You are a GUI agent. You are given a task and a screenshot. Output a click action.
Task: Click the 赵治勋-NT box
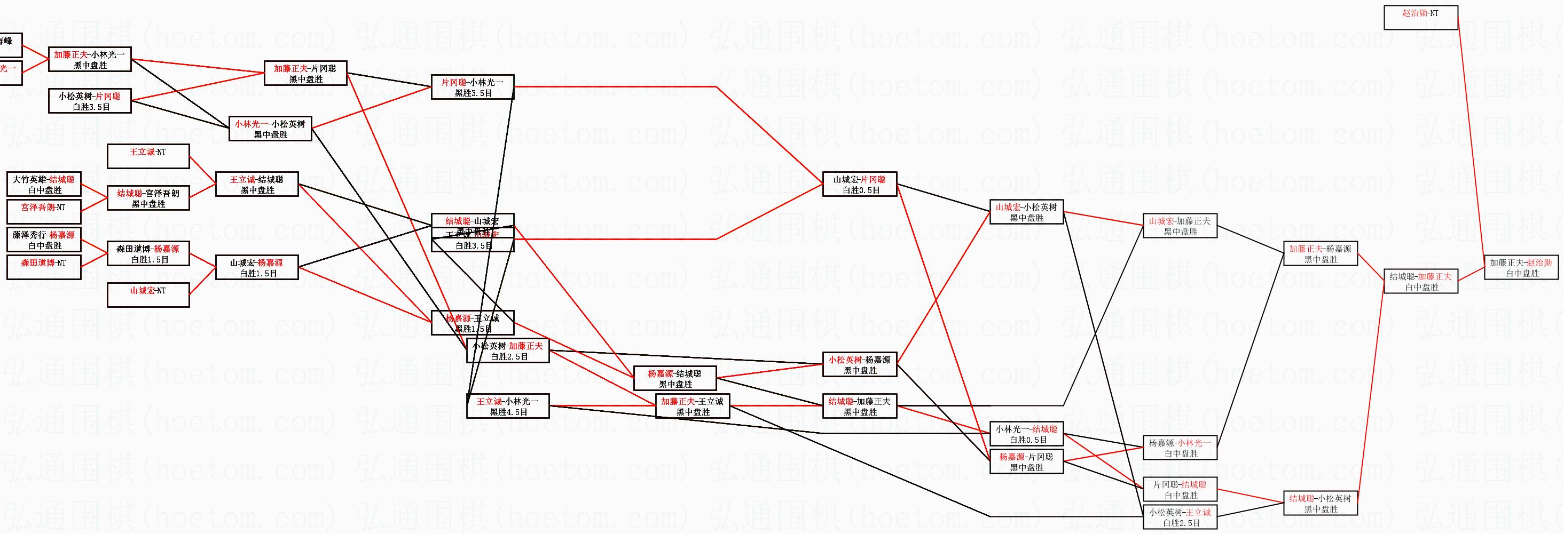tap(1420, 17)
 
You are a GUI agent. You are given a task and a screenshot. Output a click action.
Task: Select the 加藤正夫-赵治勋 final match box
tap(1521, 268)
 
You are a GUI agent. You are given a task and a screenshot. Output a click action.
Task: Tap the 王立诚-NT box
tap(148, 156)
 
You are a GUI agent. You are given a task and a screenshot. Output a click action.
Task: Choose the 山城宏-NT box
tap(148, 295)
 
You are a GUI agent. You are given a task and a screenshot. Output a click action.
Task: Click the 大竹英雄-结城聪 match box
tap(44, 185)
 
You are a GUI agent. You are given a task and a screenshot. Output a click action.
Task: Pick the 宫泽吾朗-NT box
tap(44, 212)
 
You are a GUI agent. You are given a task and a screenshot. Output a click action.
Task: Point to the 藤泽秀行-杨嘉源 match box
tap(44, 240)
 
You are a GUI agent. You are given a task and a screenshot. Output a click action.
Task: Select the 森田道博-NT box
tap(44, 268)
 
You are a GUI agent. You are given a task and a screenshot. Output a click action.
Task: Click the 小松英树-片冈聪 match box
tap(90, 101)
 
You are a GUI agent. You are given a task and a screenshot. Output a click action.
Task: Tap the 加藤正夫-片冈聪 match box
tap(305, 74)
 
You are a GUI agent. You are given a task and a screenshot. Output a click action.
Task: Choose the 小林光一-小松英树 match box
tap(270, 129)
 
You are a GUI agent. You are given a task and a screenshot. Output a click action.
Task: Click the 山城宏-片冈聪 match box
tap(859, 185)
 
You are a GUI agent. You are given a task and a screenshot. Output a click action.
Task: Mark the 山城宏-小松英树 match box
tap(1026, 212)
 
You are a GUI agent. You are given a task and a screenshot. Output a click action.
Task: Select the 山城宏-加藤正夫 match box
tap(1180, 226)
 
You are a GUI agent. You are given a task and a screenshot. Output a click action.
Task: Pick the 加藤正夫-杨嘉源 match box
tap(1321, 253)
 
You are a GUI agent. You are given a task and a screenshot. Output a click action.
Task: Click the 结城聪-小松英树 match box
tap(1321, 504)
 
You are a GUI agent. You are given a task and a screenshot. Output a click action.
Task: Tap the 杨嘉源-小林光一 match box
tap(1180, 448)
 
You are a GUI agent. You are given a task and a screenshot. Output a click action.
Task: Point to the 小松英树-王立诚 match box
tap(1180, 517)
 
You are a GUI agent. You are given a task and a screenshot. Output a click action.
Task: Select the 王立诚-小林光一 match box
tap(508, 406)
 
